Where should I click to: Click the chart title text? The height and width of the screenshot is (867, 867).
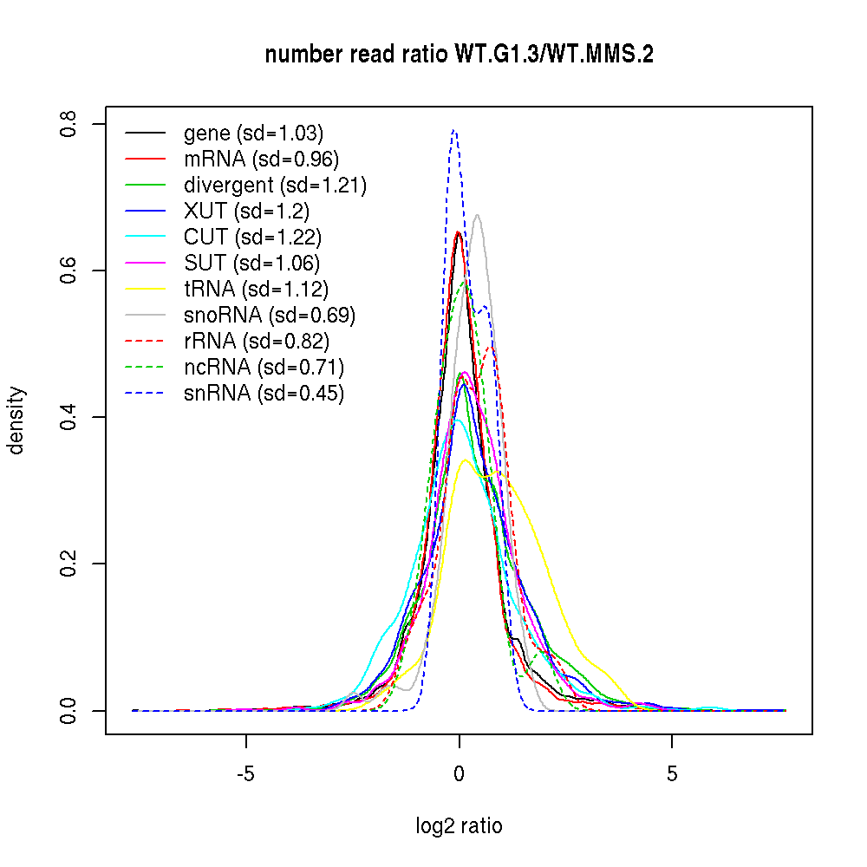[459, 55]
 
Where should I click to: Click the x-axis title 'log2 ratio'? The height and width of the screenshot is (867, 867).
[459, 826]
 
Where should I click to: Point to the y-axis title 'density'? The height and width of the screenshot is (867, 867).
[16, 420]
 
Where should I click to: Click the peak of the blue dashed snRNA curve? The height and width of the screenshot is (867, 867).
[453, 130]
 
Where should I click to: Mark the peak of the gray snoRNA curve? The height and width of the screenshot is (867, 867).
[477, 214]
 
